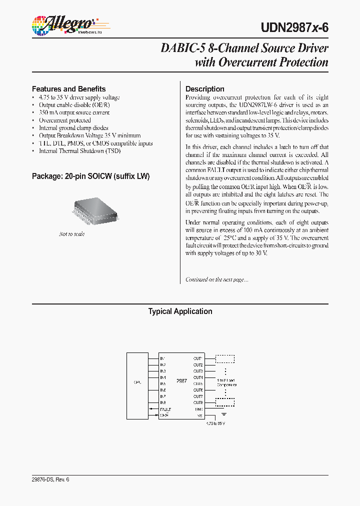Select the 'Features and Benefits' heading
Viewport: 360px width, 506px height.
[68, 89]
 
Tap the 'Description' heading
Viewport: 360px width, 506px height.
[205, 89]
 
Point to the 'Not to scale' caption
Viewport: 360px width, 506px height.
[72, 234]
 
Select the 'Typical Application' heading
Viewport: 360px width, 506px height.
[180, 311]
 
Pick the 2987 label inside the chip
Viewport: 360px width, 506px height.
[181, 381]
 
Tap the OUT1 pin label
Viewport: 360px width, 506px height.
[198, 358]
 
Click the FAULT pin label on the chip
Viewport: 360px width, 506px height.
[165, 409]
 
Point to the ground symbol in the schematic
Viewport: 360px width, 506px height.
[224, 414]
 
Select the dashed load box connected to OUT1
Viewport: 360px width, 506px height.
[225, 358]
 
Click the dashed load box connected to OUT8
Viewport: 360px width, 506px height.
[225, 402]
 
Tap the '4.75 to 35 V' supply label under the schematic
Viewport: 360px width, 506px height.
[216, 423]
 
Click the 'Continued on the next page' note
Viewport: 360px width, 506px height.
[216, 280]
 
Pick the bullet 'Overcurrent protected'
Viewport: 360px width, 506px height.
[65, 120]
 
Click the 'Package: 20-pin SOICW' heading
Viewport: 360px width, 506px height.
[91, 176]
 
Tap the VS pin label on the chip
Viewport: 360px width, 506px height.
[200, 415]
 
